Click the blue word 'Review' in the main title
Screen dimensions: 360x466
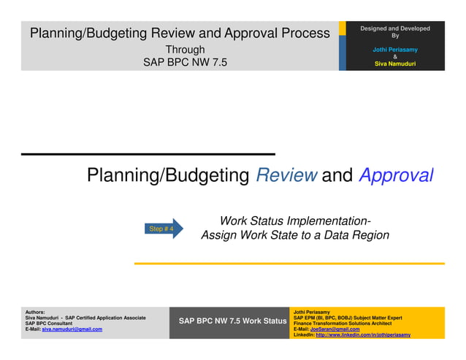point(286,176)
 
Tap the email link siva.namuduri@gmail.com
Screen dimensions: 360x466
point(72,329)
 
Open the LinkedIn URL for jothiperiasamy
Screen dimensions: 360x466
point(362,334)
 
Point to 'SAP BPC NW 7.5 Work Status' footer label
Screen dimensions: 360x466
point(232,321)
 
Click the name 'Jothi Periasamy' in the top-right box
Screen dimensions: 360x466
point(395,50)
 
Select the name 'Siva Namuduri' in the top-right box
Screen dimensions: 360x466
point(395,64)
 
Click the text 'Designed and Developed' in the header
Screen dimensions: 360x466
point(395,28)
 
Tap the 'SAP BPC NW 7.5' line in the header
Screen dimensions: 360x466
point(185,63)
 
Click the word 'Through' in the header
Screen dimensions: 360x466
point(185,50)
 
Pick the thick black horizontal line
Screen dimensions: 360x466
point(148,154)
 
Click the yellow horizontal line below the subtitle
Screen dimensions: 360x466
point(289,263)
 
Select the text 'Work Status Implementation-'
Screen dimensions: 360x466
point(294,221)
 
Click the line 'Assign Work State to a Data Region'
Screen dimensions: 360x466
point(294,235)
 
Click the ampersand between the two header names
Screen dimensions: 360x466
point(395,57)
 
